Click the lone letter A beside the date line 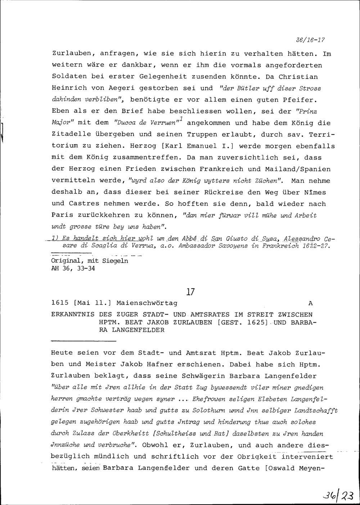[x=311, y=303]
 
